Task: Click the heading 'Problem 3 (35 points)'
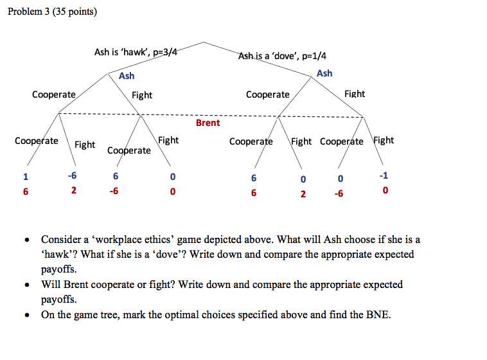pos(53,12)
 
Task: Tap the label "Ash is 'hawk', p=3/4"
pos(136,52)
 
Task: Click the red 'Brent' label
pos(208,123)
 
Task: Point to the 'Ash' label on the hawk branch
pos(127,76)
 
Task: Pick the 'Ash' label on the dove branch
pos(324,73)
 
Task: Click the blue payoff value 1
pos(26,177)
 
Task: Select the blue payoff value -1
pos(384,176)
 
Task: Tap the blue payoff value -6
pos(74,176)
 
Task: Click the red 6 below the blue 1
pos(26,191)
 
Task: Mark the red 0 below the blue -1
pos(384,191)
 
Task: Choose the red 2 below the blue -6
pos(74,190)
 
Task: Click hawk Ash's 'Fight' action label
pos(142,95)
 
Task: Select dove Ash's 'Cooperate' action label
pos(267,94)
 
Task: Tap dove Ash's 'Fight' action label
pos(354,94)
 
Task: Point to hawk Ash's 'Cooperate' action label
pos(54,94)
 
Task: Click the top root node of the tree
pos(204,42)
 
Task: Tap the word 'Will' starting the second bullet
pos(51,284)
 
